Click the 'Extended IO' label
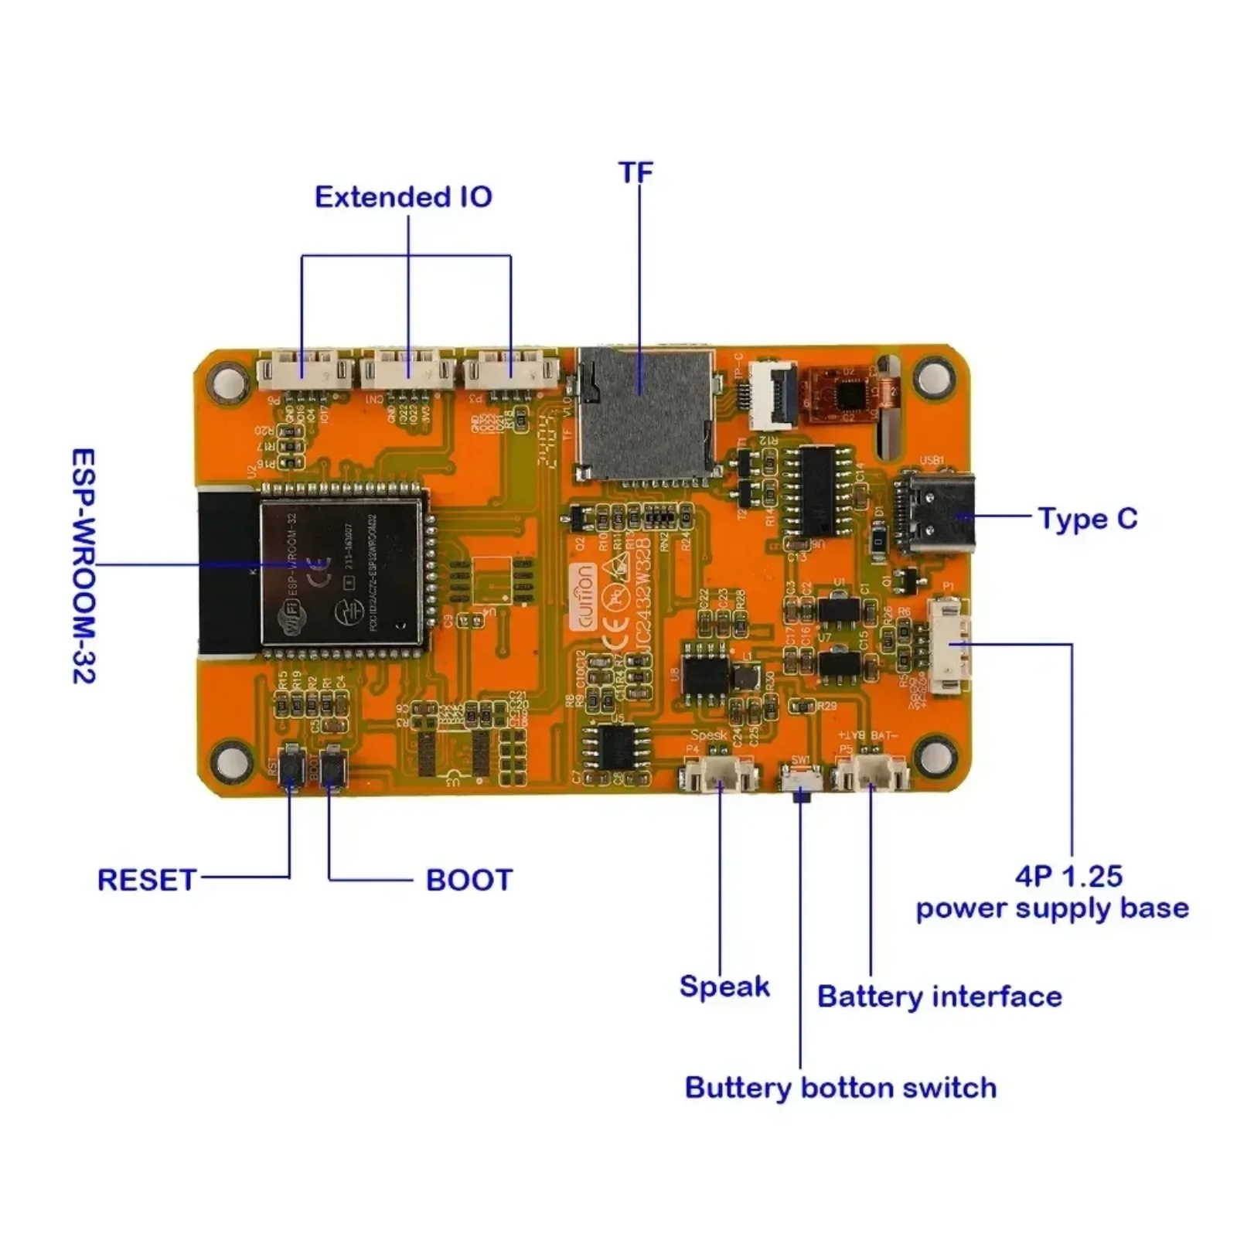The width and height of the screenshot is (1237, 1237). pyautogui.click(x=403, y=197)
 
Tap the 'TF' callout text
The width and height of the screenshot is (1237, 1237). pyautogui.click(x=636, y=172)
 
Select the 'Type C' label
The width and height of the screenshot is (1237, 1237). pyautogui.click(x=1087, y=519)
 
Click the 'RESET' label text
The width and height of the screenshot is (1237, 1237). pyautogui.click(x=146, y=880)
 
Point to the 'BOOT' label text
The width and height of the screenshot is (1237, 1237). pyautogui.click(x=469, y=880)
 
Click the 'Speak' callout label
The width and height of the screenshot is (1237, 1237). pyautogui.click(x=724, y=987)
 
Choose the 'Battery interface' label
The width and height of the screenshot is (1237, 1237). pyautogui.click(x=939, y=997)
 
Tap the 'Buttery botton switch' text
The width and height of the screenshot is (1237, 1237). pyautogui.click(x=840, y=1088)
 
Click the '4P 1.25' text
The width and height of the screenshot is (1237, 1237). pyautogui.click(x=1068, y=876)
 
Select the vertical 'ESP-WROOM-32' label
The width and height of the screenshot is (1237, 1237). pyautogui.click(x=83, y=566)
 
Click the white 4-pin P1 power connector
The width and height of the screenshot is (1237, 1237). pyautogui.click(x=949, y=646)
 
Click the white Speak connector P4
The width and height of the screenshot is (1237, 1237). pyautogui.click(x=717, y=773)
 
